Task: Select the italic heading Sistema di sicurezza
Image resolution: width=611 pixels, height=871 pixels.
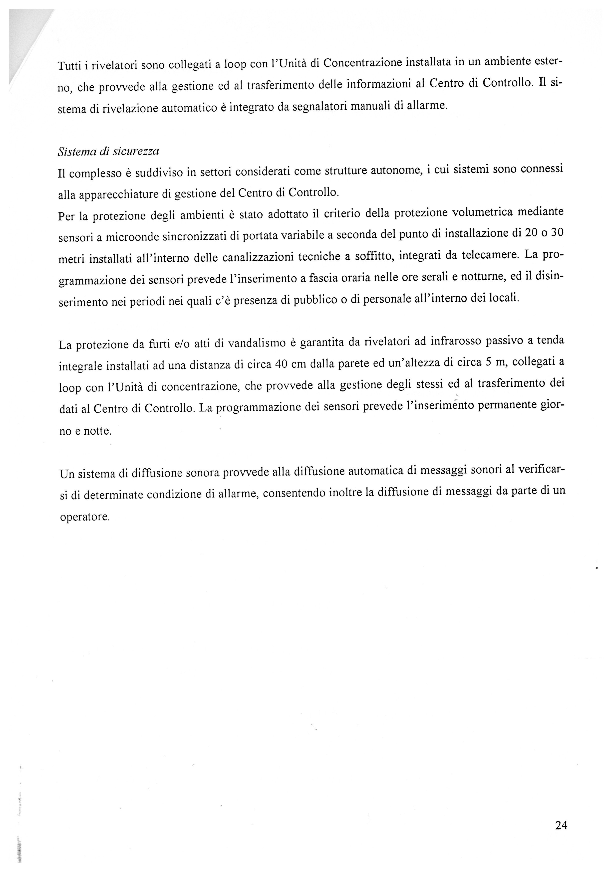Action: pyautogui.click(x=108, y=151)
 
